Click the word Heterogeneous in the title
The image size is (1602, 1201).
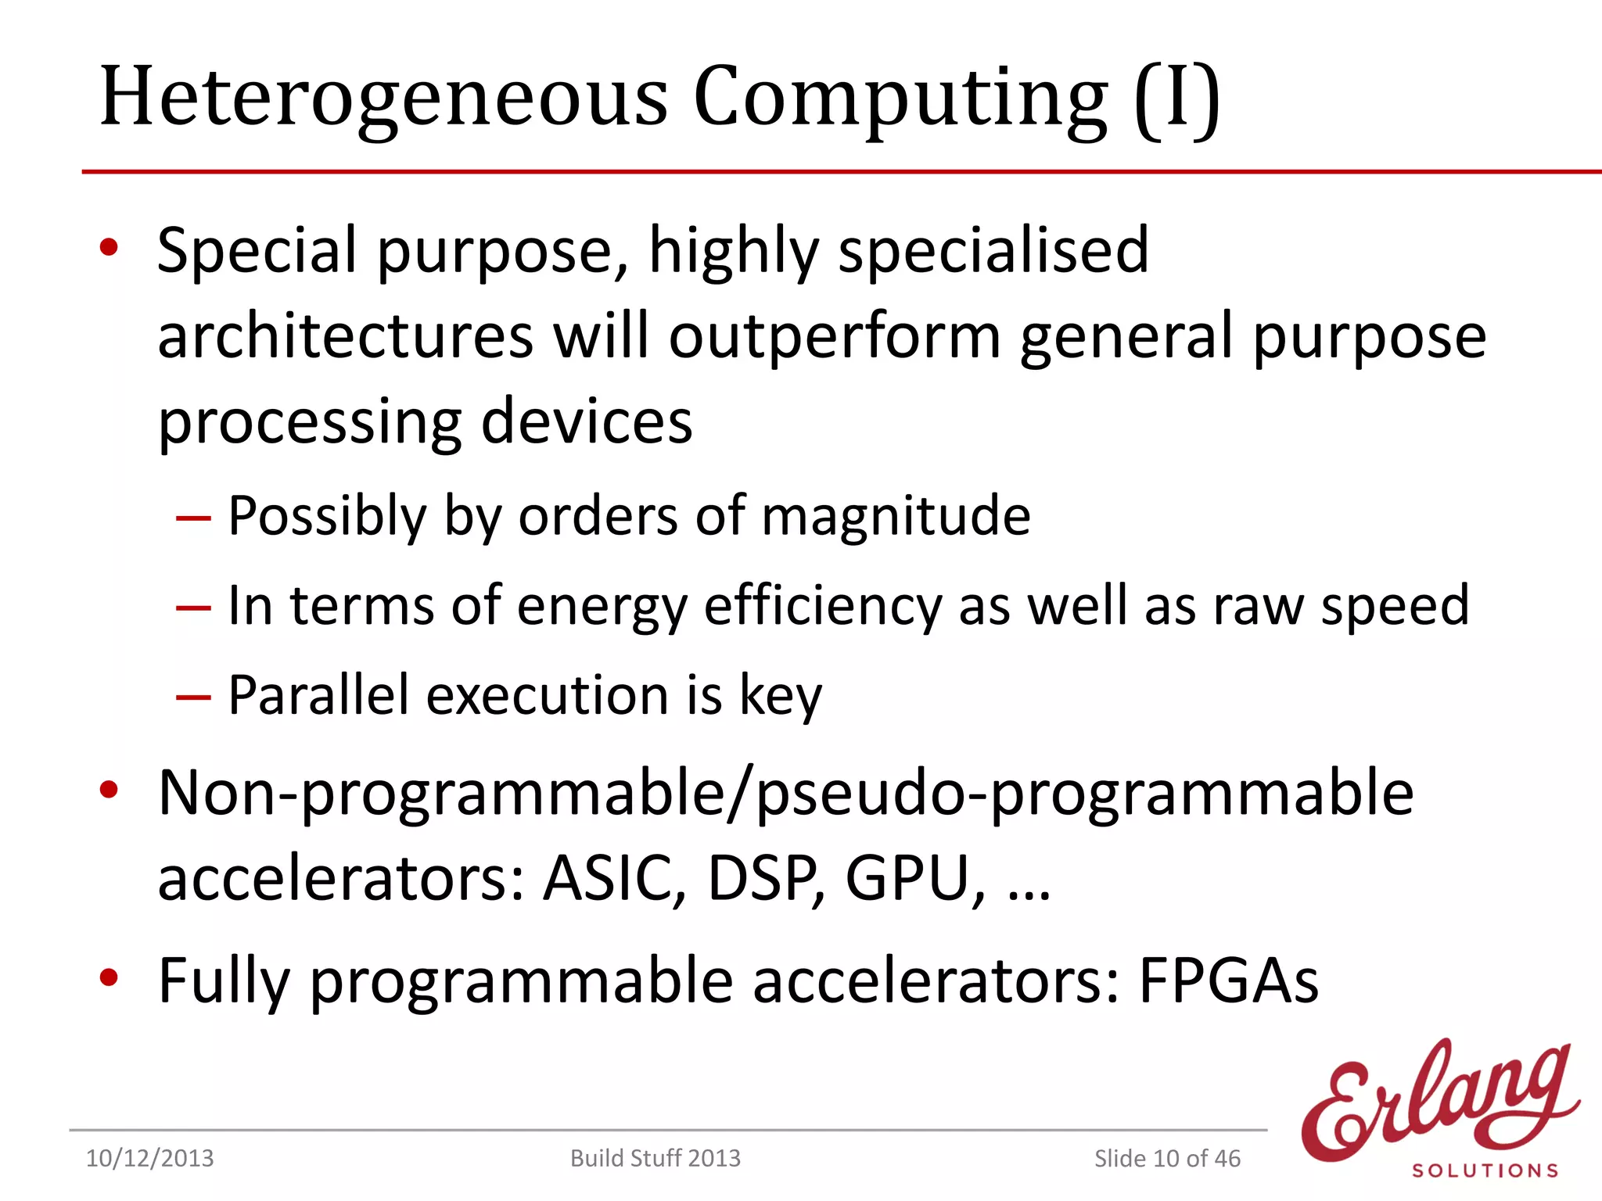coord(383,98)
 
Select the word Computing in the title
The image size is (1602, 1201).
coord(900,98)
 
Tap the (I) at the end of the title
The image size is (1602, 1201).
coord(1178,98)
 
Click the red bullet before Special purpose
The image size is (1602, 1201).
coord(109,248)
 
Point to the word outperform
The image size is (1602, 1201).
coord(835,337)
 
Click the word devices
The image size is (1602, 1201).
coord(586,421)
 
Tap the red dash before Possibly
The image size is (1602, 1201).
coord(193,518)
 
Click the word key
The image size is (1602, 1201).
coord(781,696)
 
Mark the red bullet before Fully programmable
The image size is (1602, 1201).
coord(109,977)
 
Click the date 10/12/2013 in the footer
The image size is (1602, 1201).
coord(149,1158)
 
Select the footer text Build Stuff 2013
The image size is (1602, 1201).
coord(655,1158)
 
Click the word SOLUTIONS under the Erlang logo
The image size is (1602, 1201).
coord(1485,1171)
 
